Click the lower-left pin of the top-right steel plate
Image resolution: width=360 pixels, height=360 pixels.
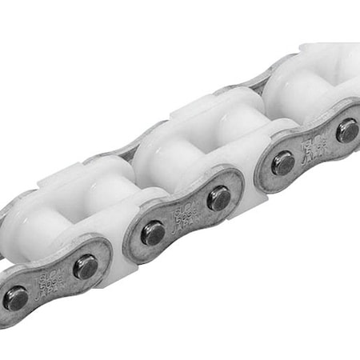pos(282,163)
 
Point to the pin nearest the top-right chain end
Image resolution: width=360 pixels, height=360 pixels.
pos(347,130)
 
